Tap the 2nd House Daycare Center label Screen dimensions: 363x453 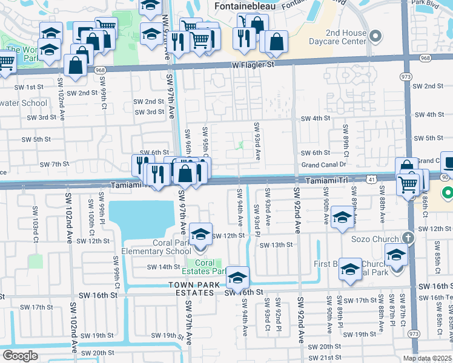click(337, 37)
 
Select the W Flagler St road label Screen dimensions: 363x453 click(253, 64)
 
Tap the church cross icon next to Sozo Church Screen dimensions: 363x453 click(409, 238)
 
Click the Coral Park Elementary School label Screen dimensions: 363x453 click(156, 247)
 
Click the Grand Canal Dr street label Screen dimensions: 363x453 click(323, 165)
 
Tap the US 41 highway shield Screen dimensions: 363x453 click(370, 178)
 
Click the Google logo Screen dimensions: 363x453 click(20, 356)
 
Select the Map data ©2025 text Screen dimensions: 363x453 click(427, 358)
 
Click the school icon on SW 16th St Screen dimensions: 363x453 click(238, 277)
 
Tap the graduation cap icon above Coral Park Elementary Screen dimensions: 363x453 click(200, 233)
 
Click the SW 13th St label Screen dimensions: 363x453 click(276, 245)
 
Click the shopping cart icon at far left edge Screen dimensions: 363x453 click(5, 62)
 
